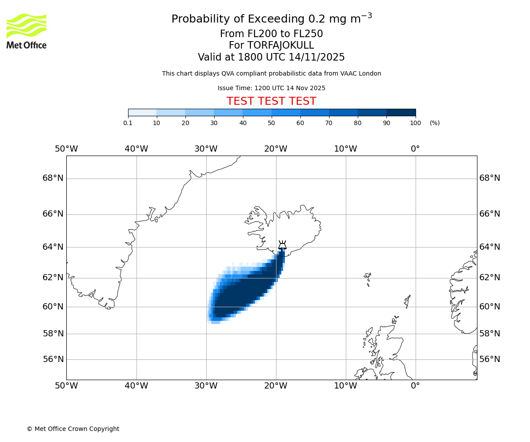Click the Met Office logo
[26, 31]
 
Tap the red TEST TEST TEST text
[271, 101]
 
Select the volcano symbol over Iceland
[282, 245]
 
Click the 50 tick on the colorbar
[272, 123]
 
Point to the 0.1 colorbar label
[128, 123]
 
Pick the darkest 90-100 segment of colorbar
[401, 112]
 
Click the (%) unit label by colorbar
[435, 123]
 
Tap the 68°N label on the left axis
[53, 178]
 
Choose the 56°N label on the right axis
[490, 359]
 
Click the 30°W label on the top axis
[206, 149]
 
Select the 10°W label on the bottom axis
[345, 386]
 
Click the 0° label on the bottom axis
[415, 386]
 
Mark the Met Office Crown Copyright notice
[73, 429]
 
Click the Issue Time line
[271, 88]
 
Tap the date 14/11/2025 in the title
[317, 57]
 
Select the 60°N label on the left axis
[53, 306]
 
